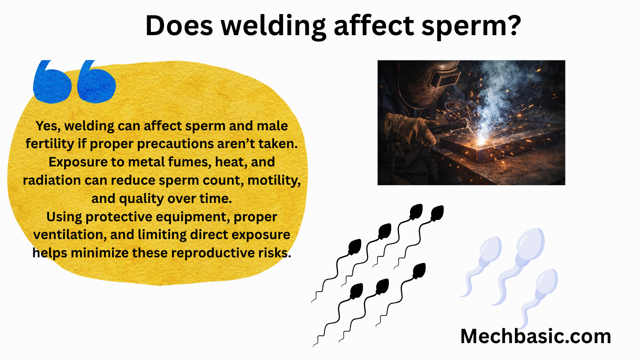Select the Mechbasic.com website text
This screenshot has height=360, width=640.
tap(536, 336)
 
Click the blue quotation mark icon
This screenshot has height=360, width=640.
tap(74, 81)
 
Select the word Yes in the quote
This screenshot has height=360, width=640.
tap(47, 126)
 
